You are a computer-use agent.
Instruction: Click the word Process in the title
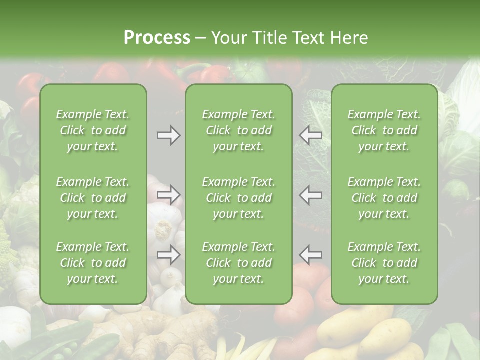(x=157, y=38)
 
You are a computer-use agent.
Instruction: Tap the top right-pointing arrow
(x=169, y=135)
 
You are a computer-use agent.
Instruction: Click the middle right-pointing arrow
(x=169, y=195)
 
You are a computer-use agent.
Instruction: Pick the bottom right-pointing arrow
(x=169, y=255)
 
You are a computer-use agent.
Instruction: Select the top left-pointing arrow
(x=310, y=135)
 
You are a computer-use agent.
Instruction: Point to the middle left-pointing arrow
(x=310, y=195)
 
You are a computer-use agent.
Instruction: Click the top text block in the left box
(x=93, y=130)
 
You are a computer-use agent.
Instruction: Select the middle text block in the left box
(x=93, y=198)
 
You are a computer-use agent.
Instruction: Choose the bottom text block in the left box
(x=93, y=263)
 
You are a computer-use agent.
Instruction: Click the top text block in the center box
(x=239, y=130)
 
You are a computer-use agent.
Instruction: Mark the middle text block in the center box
(x=239, y=198)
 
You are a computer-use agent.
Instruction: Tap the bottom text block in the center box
(x=239, y=263)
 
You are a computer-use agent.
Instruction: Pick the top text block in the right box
(x=384, y=130)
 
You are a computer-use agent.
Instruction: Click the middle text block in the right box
(x=384, y=198)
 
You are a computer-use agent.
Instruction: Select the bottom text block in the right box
(x=384, y=263)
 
